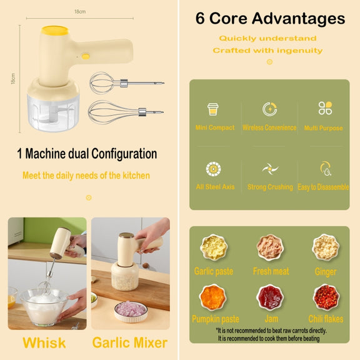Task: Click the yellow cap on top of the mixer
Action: pos(55,31)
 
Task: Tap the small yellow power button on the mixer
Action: pos(86,56)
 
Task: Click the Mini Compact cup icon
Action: pos(213,109)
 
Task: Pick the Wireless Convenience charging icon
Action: pos(270,109)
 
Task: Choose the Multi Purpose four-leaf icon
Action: pos(325,108)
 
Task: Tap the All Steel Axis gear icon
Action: pos(213,169)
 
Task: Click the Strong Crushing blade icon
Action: pos(270,169)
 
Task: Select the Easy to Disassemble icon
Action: pos(326,169)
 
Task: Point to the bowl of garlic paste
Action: pos(214,247)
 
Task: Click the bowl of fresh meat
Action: pos(270,247)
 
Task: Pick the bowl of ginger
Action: pos(326,247)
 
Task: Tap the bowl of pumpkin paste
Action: pos(213,297)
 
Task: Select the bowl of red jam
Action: pos(270,297)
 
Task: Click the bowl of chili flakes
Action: pos(326,297)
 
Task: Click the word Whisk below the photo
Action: pos(44,342)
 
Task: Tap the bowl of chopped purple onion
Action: pos(131,311)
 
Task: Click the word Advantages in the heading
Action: pos(299,18)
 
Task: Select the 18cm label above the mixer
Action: pos(80,11)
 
